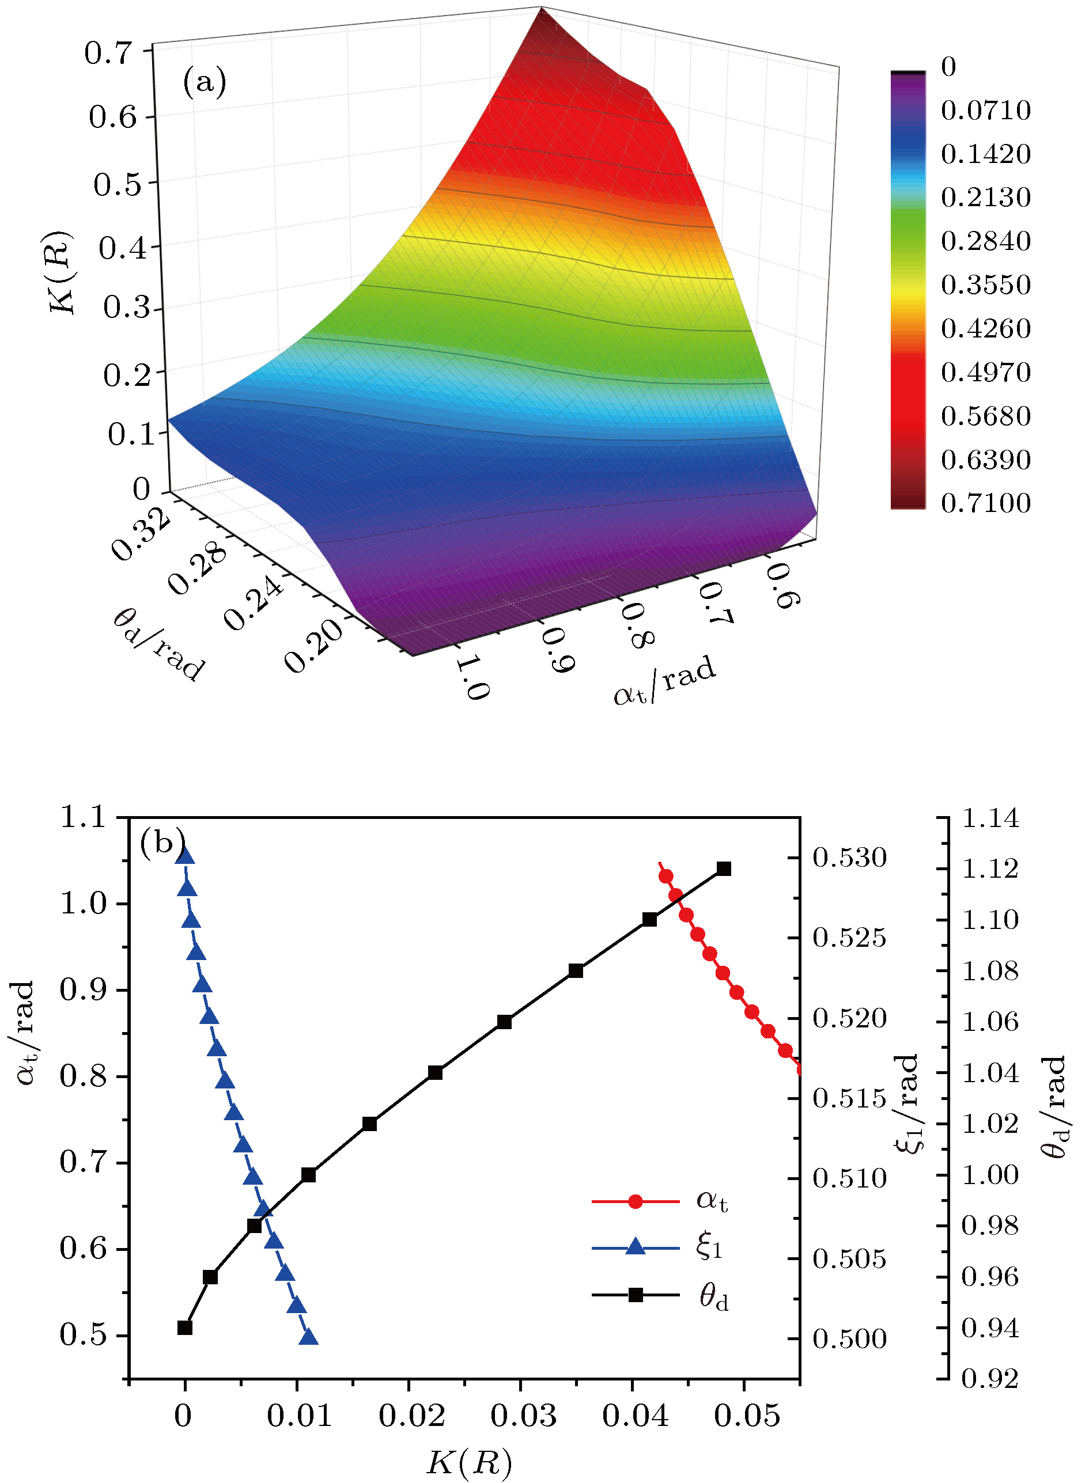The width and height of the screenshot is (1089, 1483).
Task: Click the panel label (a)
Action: tap(205, 82)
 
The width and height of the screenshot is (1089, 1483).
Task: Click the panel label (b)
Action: tap(161, 843)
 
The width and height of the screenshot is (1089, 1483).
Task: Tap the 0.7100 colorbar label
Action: tap(985, 503)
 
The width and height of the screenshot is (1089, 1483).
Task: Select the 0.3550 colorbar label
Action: tap(985, 285)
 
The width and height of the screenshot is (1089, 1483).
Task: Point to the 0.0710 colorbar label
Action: tap(985, 110)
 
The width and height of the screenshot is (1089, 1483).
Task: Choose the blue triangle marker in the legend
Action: tap(636, 1246)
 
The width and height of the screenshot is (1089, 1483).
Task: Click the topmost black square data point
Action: tap(724, 869)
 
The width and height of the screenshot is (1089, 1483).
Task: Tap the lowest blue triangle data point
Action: tap(308, 1337)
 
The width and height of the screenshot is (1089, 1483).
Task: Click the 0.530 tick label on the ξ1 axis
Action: tap(849, 858)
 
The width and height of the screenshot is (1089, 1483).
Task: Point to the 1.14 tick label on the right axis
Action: tap(990, 819)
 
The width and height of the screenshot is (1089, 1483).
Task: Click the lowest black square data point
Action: tap(185, 1328)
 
